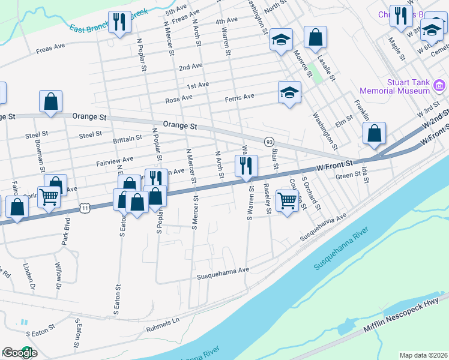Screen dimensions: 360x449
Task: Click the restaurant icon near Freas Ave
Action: (x=119, y=22)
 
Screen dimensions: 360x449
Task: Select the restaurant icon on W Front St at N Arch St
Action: (x=246, y=166)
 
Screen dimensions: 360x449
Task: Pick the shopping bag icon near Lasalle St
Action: (x=315, y=37)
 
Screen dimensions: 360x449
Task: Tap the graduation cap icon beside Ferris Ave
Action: (x=289, y=92)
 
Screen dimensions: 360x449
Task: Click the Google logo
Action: (x=20, y=353)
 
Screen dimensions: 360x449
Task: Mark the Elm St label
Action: (x=344, y=122)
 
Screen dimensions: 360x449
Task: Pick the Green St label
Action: (x=347, y=176)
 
